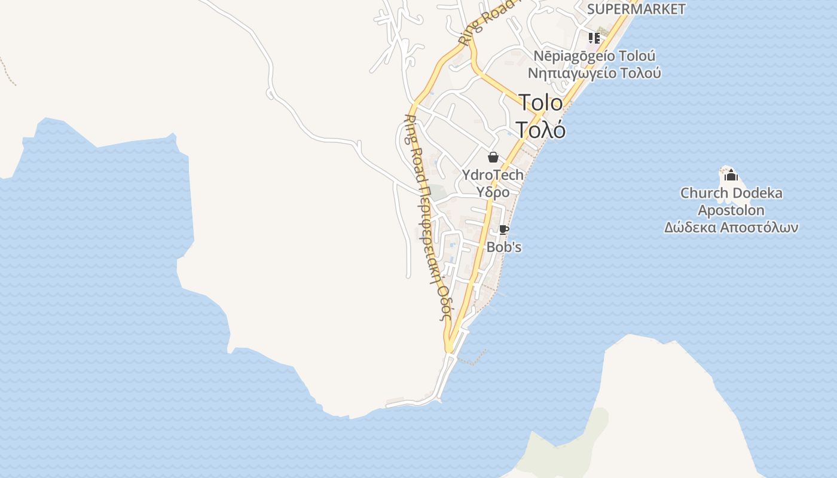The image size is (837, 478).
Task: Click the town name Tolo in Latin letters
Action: [540, 103]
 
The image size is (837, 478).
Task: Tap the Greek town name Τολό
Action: [540, 130]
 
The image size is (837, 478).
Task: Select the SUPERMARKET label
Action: [636, 9]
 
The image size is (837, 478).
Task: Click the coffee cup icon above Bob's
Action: [503, 229]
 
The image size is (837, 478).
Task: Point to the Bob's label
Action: [504, 246]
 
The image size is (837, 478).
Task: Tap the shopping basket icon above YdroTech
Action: [493, 157]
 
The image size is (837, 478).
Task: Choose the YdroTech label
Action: [493, 175]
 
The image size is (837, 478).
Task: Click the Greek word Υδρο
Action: [493, 192]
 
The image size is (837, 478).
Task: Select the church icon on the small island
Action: [731, 175]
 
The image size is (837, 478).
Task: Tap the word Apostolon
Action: [731, 210]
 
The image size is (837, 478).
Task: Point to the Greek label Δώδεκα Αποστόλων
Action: [731, 228]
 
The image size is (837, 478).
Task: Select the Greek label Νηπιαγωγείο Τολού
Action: [594, 73]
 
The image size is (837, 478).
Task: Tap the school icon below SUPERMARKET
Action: [594, 38]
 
